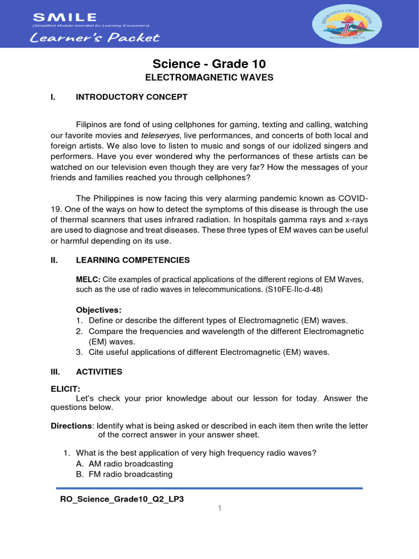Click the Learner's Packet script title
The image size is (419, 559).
[95, 38]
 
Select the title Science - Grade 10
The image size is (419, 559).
[209, 64]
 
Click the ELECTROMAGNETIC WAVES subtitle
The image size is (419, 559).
[209, 78]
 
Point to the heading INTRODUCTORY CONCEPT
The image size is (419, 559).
[131, 97]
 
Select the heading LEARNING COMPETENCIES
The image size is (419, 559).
[133, 260]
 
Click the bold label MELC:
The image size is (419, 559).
[88, 279]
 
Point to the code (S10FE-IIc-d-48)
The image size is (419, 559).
[294, 289]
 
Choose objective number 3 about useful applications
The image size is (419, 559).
[209, 352]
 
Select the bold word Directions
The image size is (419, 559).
[71, 425]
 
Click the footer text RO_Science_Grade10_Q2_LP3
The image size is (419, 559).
[122, 499]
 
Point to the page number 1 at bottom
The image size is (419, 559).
[219, 509]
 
